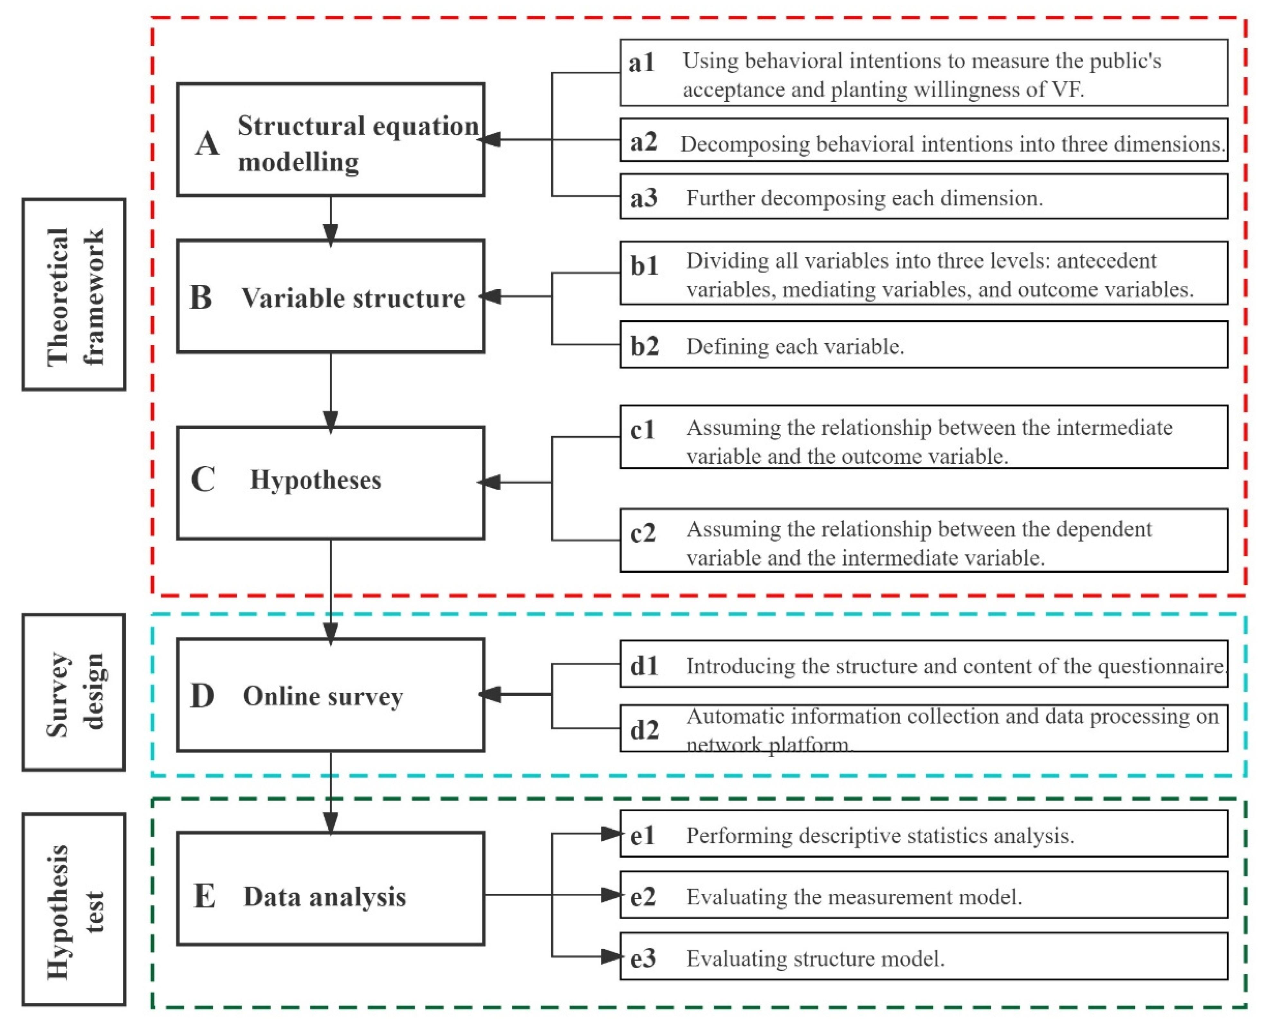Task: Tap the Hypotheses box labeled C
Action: click(331, 483)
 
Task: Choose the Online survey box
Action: click(331, 695)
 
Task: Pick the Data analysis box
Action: click(331, 896)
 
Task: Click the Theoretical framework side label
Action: click(74, 295)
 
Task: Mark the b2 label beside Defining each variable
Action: click(644, 346)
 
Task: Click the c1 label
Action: click(643, 429)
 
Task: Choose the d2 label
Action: click(644, 729)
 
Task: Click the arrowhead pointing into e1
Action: click(611, 834)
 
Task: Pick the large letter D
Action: click(202, 696)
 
